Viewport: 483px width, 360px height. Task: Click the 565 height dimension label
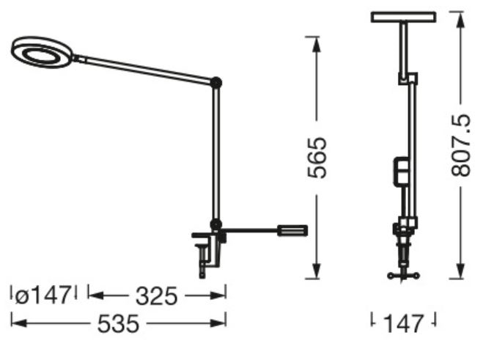[x=317, y=158]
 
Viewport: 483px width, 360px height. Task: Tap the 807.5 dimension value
[x=461, y=145]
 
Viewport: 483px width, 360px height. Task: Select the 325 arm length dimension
[x=157, y=296]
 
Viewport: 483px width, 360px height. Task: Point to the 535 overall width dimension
[x=118, y=323]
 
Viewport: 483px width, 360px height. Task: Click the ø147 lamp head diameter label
[x=43, y=295]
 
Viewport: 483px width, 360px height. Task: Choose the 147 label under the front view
[x=403, y=323]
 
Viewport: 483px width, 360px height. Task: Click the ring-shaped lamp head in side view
[x=43, y=52]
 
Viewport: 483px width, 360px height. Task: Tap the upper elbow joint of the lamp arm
[x=216, y=83]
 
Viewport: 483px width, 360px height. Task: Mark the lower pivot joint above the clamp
[x=216, y=224]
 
